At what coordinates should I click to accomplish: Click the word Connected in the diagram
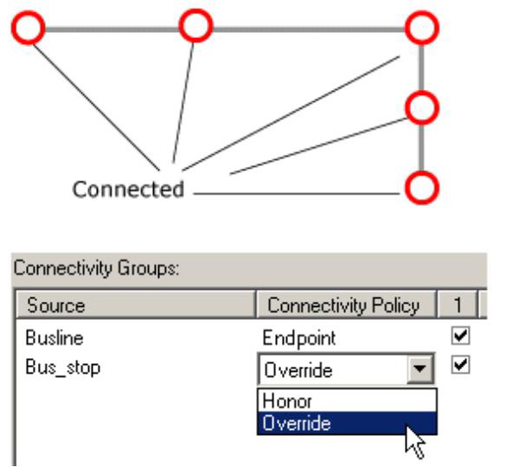[128, 189]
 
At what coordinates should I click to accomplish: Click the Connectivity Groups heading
[96, 268]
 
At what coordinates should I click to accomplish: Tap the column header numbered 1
[457, 304]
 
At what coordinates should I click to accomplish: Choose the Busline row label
[54, 338]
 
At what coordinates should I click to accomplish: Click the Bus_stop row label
[63, 368]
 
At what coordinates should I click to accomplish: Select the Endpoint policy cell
[298, 339]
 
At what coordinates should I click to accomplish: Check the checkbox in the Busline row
[460, 336]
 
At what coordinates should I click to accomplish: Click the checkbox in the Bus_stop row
[460, 365]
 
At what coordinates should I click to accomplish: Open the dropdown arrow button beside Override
[420, 369]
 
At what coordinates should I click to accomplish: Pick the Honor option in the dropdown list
[287, 401]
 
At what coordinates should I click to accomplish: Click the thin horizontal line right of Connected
[296, 194]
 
